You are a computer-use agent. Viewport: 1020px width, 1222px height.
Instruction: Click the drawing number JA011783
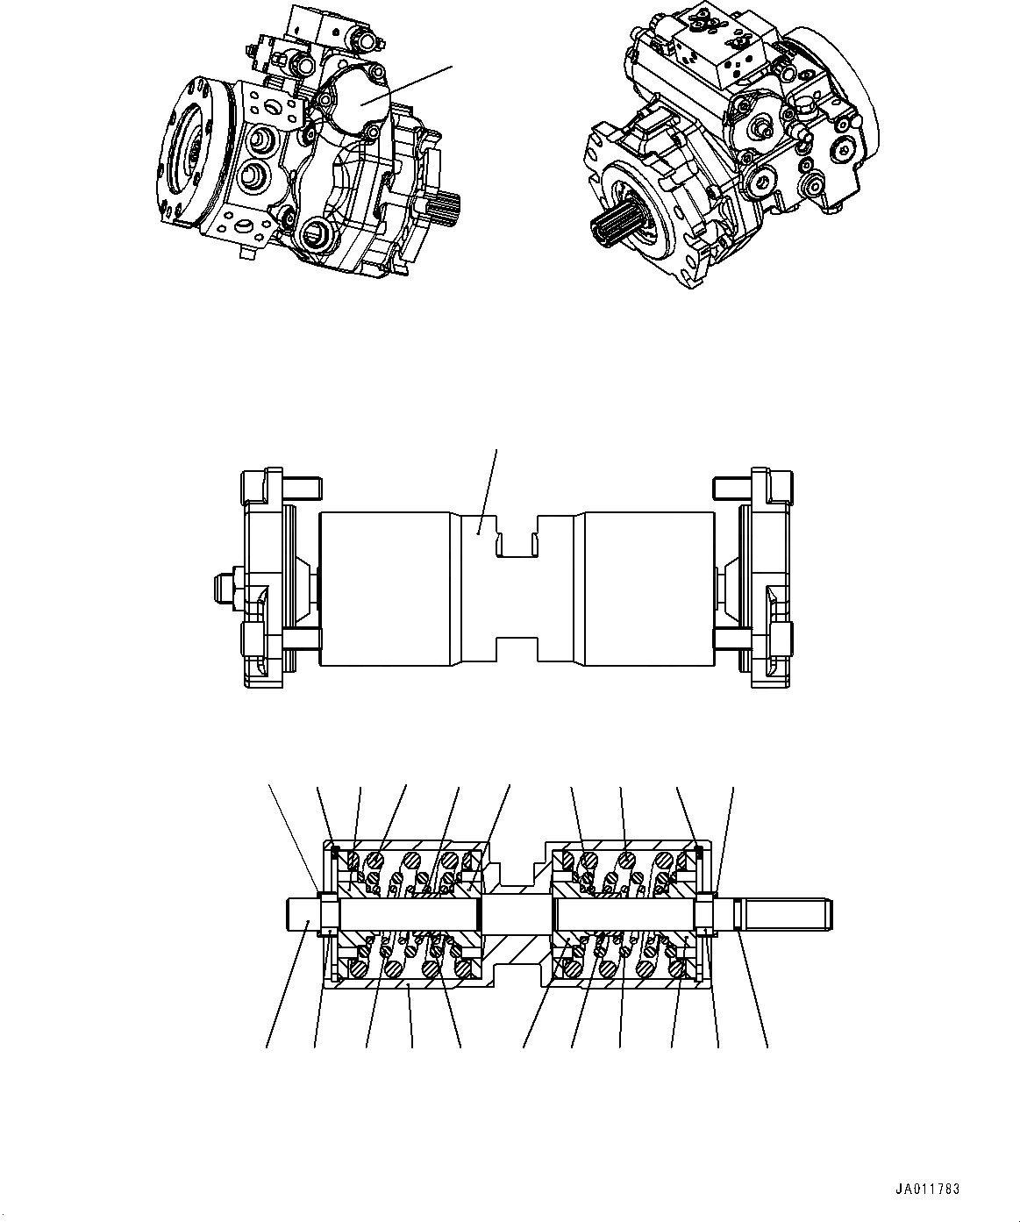coord(928,1190)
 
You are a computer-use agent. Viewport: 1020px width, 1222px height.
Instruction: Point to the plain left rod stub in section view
coord(303,915)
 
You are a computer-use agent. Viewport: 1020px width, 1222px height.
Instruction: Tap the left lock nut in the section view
coord(330,914)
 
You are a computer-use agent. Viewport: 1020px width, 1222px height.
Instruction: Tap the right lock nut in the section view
coord(705,914)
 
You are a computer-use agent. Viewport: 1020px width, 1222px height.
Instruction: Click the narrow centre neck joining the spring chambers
coord(517,915)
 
